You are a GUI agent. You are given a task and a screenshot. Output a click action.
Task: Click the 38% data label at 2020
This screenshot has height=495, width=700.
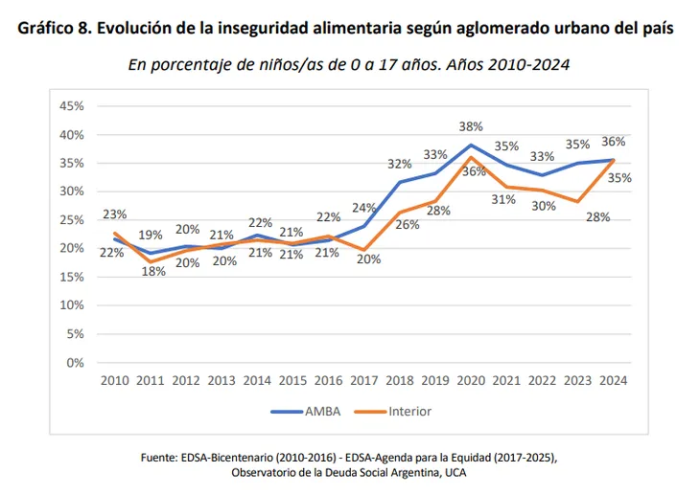pos(471,125)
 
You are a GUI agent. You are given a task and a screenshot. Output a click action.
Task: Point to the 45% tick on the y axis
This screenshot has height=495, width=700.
pos(72,105)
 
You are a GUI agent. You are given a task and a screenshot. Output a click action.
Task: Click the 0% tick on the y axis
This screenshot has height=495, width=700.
pos(76,363)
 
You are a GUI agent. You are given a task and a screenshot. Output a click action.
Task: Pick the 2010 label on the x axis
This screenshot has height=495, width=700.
pos(116,381)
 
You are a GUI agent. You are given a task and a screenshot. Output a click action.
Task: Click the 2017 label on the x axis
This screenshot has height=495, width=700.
pos(363,381)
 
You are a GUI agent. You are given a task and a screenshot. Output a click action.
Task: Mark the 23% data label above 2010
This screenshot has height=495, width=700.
pos(115,214)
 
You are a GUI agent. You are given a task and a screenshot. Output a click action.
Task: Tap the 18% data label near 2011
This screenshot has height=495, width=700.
pos(152,271)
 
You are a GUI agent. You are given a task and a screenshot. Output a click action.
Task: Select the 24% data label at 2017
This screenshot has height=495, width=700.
pos(364,208)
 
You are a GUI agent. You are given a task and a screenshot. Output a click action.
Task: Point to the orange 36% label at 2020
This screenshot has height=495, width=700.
pos(475,171)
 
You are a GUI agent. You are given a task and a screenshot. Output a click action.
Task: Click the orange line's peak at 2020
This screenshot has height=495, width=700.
pos(471,157)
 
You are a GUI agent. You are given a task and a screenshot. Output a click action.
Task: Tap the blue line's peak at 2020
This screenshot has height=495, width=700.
pos(471,145)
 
